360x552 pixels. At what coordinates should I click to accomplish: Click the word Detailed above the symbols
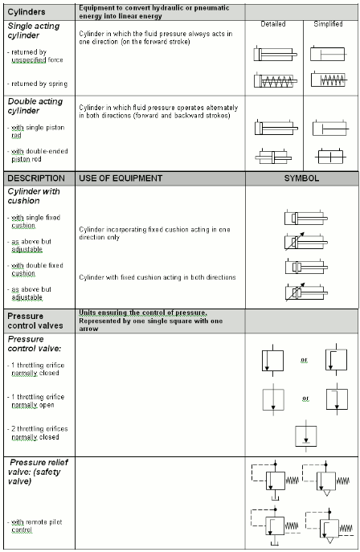(x=273, y=24)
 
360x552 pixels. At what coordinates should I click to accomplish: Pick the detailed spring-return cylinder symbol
(x=276, y=81)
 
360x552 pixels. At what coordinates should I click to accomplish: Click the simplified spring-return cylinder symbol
(x=330, y=81)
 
